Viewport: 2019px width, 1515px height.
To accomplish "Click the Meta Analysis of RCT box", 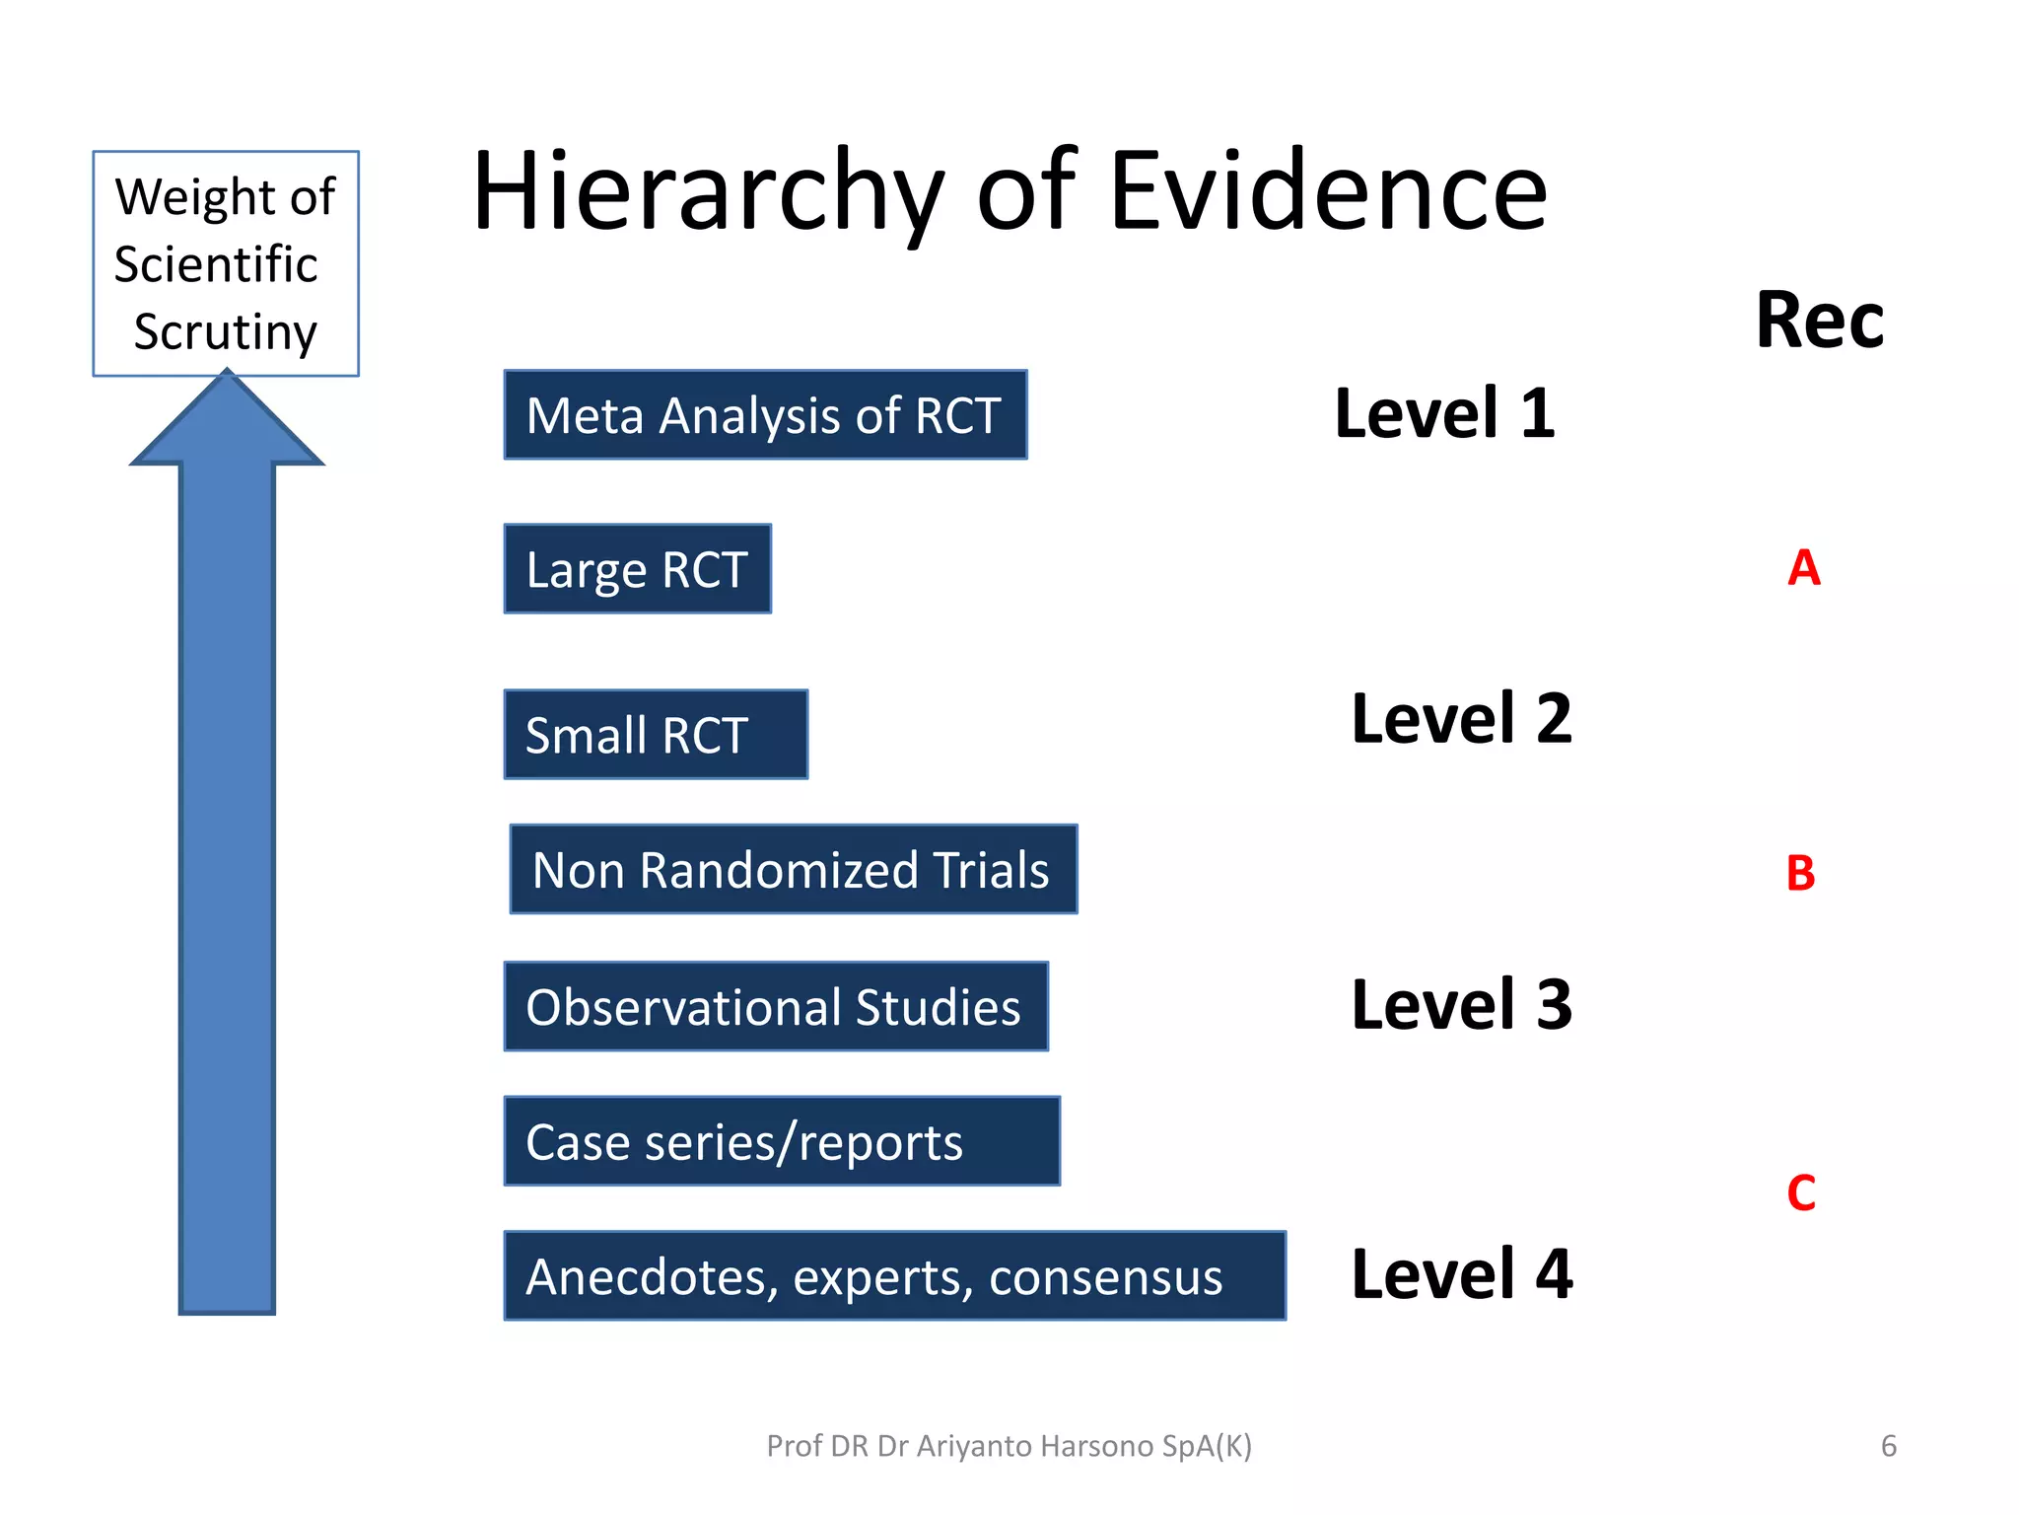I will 765,415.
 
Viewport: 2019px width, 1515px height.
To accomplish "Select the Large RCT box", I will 637,569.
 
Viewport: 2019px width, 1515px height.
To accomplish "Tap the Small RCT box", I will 656,735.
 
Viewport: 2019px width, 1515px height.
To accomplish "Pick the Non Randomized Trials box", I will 793,870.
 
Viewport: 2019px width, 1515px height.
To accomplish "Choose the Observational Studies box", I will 775,1007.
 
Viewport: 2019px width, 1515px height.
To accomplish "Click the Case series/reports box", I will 781,1141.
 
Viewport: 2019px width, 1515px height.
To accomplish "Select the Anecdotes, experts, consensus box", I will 894,1276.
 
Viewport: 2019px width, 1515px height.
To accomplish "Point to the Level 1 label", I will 1444,413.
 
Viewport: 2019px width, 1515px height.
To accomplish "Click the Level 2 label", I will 1461,719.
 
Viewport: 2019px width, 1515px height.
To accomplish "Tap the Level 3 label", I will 1461,1005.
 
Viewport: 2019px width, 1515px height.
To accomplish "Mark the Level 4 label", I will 1461,1274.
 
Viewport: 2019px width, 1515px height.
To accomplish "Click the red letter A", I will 1803,568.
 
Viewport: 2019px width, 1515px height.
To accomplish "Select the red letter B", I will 1800,874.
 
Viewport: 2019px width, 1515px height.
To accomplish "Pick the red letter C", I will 1800,1193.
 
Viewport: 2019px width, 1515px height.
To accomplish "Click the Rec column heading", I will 1820,321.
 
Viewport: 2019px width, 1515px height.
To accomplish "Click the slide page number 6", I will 1888,1446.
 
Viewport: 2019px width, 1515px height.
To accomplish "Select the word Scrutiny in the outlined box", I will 226,332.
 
